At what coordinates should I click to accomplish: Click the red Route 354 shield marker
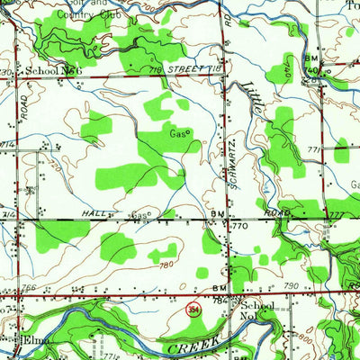tap(193, 309)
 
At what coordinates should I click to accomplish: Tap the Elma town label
tap(34, 341)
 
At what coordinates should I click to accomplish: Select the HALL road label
tap(94, 214)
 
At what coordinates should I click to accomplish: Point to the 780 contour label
tap(164, 265)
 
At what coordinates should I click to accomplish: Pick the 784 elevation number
tap(221, 300)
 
